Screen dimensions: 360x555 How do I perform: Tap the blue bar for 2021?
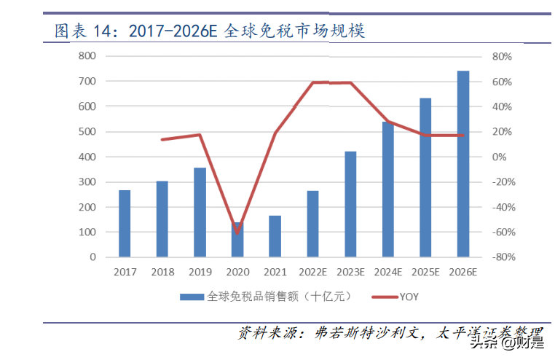[275, 236]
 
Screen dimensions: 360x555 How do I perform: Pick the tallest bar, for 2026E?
[463, 164]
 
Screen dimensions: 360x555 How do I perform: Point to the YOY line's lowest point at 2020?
[237, 232]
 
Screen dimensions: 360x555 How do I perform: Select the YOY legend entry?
[394, 297]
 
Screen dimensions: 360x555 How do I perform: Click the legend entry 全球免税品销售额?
[267, 297]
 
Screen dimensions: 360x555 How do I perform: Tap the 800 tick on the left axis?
[87, 56]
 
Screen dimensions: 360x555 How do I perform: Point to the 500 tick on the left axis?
[87, 132]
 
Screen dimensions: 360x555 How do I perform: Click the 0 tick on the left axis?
[92, 257]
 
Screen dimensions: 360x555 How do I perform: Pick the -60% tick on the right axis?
[503, 232]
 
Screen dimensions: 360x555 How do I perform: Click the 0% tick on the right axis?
[500, 157]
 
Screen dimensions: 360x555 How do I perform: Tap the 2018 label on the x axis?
[162, 273]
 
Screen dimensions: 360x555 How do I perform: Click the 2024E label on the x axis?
[387, 273]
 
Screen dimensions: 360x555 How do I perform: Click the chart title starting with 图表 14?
[210, 31]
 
